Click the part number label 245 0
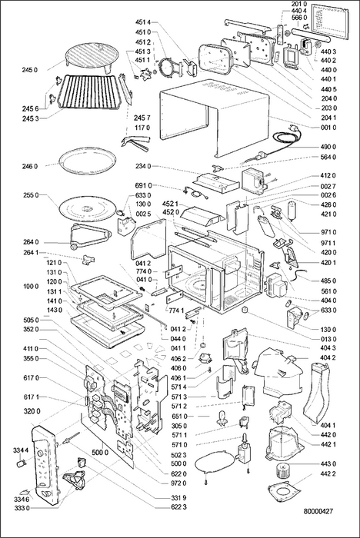coord(30,70)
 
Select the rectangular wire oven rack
coord(89,91)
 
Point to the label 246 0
coord(30,167)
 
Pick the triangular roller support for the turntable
coord(90,237)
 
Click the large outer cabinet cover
coord(215,117)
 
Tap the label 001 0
coord(328,128)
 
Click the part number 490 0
coord(328,147)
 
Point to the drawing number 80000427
coord(318,511)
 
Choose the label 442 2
coord(328,473)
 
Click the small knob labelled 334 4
coord(22,463)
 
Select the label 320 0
coord(32,411)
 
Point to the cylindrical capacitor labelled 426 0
coord(293,210)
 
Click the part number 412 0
coord(328,176)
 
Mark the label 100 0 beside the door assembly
coord(31,287)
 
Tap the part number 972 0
coord(179,483)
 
